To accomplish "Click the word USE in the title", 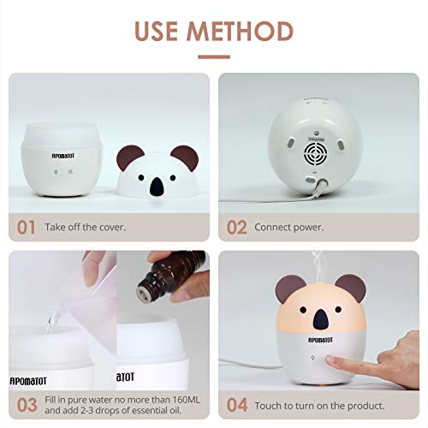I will (x=158, y=30).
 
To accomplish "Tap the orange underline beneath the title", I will (x=214, y=57).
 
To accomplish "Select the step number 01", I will (x=27, y=227).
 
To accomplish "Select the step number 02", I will (x=237, y=227).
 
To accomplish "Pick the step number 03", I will (x=28, y=404).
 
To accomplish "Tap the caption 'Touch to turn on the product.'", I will (x=318, y=404).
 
